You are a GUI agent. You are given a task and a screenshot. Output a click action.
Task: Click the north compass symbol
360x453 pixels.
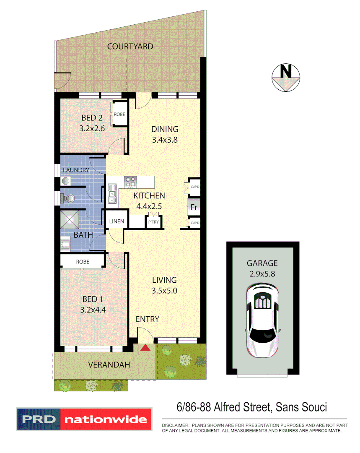(286, 78)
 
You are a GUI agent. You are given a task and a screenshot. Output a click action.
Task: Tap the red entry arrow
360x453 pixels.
(145, 347)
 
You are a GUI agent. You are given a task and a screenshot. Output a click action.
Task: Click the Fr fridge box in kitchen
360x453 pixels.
(194, 207)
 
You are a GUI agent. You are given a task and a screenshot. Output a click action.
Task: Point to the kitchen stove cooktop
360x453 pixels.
(131, 182)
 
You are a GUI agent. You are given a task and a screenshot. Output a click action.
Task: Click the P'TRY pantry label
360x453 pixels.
(153, 222)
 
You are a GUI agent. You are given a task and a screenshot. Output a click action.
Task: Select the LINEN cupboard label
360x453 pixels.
(116, 221)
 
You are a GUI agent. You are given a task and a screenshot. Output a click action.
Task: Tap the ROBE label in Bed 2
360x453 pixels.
(119, 114)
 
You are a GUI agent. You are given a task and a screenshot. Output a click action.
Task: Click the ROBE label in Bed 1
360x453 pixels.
(82, 261)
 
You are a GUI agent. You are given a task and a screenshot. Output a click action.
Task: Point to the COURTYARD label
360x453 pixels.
(130, 47)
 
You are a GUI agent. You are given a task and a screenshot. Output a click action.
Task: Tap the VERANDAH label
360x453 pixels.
(109, 365)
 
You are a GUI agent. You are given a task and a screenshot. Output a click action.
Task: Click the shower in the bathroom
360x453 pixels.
(70, 219)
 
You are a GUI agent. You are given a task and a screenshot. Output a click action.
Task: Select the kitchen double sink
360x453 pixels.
(112, 192)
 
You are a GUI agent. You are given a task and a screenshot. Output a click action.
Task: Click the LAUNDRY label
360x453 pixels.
(76, 170)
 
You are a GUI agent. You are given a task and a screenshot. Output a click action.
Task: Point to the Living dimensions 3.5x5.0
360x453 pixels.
(164, 290)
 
